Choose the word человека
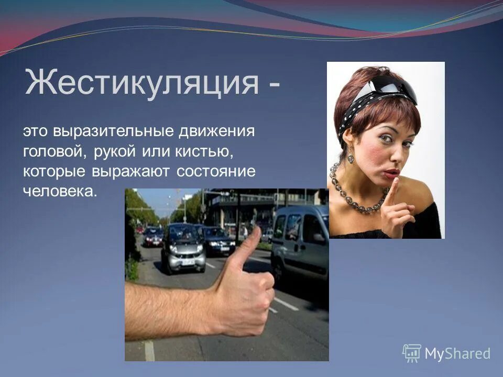pos(60,191)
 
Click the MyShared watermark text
pos(457,353)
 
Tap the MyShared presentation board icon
pos(412,352)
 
